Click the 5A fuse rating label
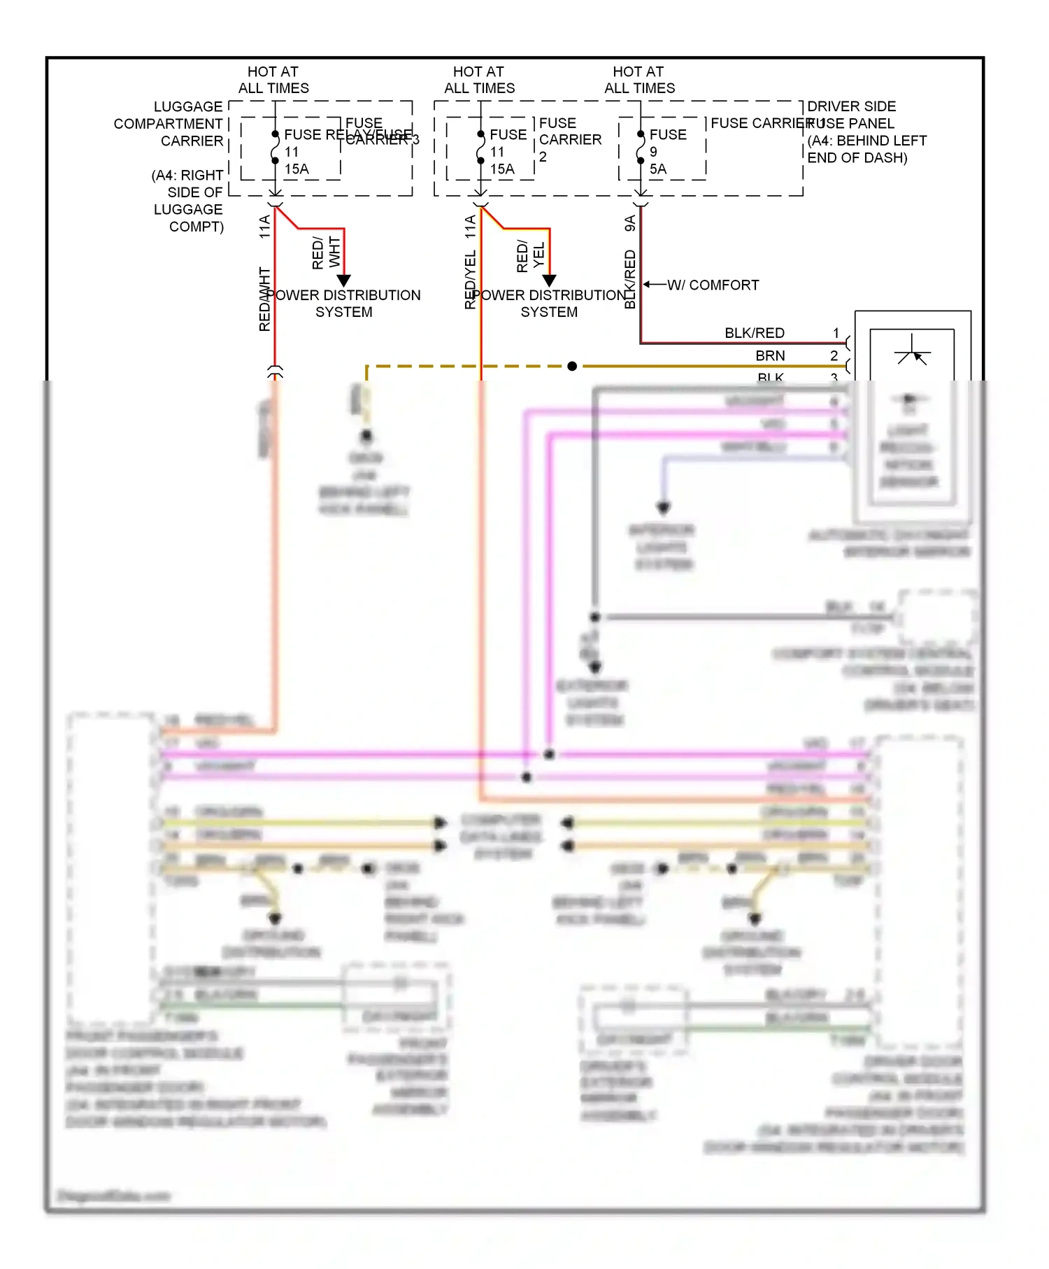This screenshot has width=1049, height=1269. tap(657, 169)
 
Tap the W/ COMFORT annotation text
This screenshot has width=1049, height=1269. tap(713, 285)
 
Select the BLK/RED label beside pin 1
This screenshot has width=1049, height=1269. tap(754, 333)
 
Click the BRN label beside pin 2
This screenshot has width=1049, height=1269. tap(770, 356)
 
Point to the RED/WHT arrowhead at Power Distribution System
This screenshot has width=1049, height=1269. tap(344, 281)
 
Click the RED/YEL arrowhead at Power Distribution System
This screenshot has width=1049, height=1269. tap(550, 281)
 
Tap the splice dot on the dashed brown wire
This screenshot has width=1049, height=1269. tap(572, 366)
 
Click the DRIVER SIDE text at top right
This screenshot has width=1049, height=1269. tap(851, 106)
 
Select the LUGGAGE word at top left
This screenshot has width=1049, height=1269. tap(187, 106)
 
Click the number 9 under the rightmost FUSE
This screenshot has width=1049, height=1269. tap(653, 152)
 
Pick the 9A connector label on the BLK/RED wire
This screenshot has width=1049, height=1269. tap(630, 223)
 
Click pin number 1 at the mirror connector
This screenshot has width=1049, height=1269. tap(835, 333)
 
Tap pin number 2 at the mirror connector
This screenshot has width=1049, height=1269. tap(834, 356)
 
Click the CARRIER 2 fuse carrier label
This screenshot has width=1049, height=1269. tap(569, 148)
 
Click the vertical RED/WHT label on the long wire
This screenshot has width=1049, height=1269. tap(265, 299)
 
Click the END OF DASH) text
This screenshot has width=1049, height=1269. tap(857, 158)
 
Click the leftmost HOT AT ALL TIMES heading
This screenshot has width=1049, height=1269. tap(273, 80)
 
